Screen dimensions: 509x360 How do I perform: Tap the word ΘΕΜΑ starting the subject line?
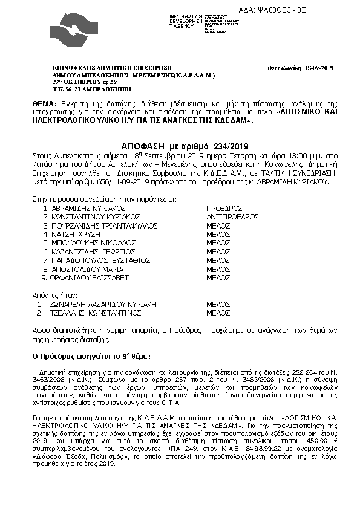click(x=44, y=105)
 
